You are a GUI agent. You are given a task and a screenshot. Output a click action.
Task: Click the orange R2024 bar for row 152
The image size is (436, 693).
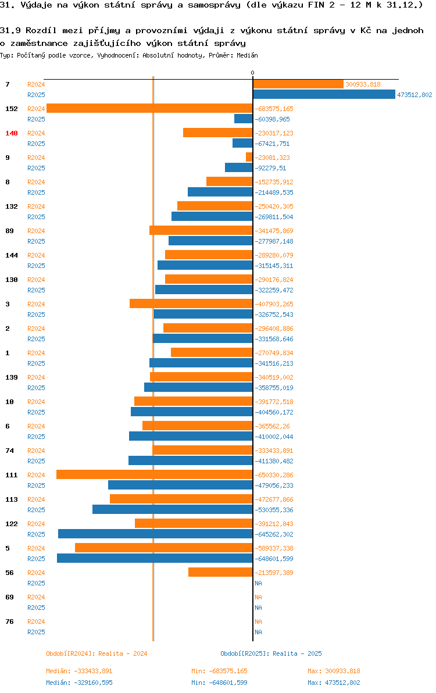(149, 108)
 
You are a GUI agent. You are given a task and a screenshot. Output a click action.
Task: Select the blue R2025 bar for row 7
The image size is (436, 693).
(324, 94)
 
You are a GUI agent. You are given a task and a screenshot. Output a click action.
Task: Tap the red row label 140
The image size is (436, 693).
(12, 133)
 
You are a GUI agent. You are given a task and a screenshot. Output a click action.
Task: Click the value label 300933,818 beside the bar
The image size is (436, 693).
(363, 84)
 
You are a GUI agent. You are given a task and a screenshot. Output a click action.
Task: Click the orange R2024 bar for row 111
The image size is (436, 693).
(154, 474)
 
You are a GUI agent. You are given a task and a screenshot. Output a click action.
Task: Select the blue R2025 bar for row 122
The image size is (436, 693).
(155, 534)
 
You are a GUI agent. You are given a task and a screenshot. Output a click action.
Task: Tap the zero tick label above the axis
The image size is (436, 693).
(252, 73)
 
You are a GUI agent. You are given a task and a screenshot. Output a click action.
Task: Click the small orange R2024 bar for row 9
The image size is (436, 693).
(249, 157)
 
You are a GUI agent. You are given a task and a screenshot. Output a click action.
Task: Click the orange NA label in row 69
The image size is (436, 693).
(258, 597)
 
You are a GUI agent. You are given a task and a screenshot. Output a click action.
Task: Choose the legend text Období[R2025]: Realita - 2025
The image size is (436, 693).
(271, 653)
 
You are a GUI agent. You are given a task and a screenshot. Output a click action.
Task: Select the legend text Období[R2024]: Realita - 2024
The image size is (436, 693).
(97, 653)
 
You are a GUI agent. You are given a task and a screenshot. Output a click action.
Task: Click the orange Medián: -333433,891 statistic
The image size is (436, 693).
(79, 671)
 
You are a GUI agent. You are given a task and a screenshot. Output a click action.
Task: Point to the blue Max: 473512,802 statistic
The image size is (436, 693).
(334, 683)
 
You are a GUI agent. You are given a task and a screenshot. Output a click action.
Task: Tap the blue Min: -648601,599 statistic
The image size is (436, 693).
(219, 683)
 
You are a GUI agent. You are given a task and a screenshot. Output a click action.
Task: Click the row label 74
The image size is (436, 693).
(9, 451)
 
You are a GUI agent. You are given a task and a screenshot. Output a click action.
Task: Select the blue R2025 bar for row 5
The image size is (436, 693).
(155, 558)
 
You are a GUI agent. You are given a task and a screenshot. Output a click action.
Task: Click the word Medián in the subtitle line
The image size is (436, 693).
(247, 55)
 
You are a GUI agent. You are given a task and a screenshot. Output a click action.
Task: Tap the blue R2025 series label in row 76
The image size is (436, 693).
(36, 632)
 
